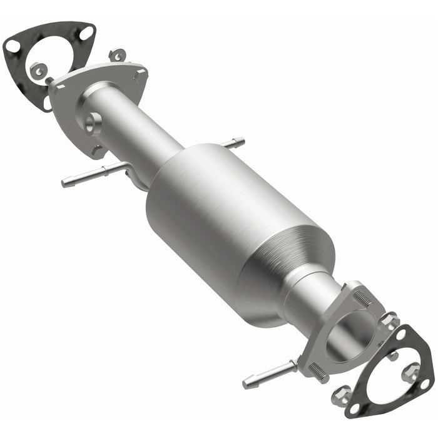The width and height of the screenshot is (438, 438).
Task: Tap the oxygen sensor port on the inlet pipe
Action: tap(92, 121)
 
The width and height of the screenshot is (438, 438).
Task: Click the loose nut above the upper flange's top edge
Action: tap(116, 56)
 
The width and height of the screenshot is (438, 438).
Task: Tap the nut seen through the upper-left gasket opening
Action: tap(38, 70)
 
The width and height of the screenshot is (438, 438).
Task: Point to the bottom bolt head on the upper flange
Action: tap(97, 150)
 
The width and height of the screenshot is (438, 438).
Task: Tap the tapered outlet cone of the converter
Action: tap(285, 282)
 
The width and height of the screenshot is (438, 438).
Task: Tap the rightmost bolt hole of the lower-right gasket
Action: tap(425, 382)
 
